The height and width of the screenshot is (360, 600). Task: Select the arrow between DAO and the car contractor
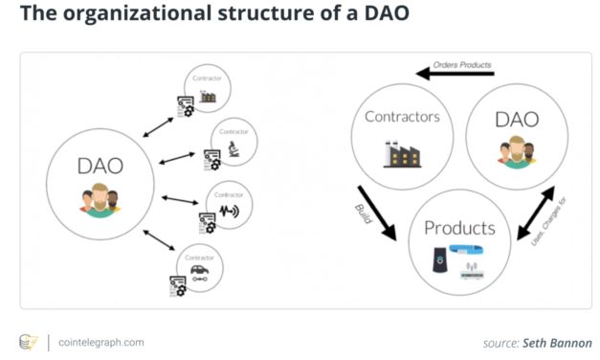[162, 239]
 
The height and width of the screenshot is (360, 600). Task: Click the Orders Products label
[463, 65]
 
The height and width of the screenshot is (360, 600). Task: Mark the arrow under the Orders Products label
[455, 74]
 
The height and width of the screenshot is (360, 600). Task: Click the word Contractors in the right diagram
[401, 117]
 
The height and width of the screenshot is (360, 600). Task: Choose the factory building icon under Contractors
[401, 154]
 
